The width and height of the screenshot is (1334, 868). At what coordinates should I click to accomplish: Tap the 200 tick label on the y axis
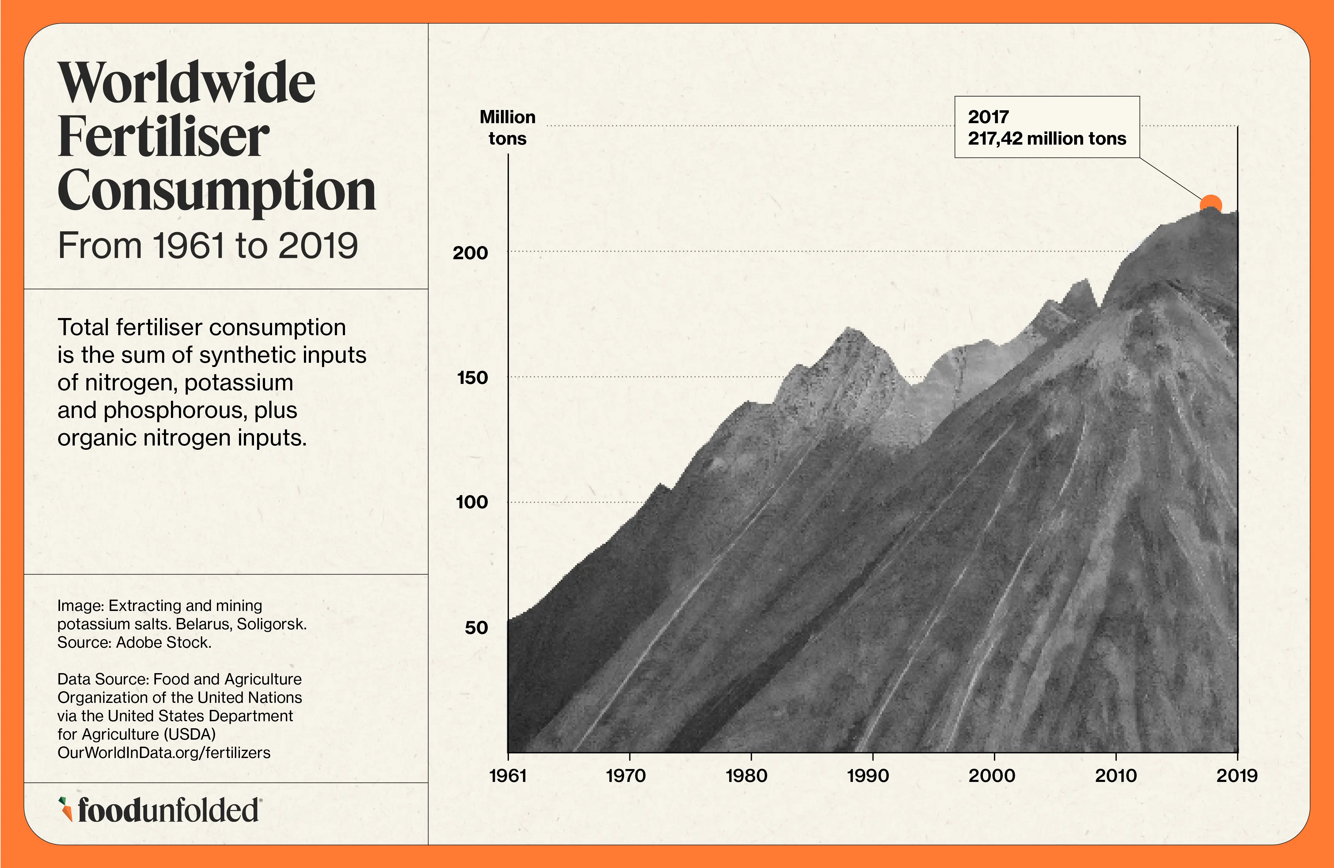pyautogui.click(x=470, y=253)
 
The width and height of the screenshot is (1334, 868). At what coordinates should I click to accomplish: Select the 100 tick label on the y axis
pyautogui.click(x=472, y=502)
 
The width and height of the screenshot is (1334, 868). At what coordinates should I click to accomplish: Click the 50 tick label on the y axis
pyautogui.click(x=476, y=627)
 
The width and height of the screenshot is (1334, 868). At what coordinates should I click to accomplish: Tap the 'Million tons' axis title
pyautogui.click(x=507, y=128)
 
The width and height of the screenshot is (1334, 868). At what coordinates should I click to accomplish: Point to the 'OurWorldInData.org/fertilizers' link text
pyautogui.click(x=164, y=752)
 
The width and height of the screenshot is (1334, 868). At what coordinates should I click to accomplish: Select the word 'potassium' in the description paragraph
pyautogui.click(x=238, y=383)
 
